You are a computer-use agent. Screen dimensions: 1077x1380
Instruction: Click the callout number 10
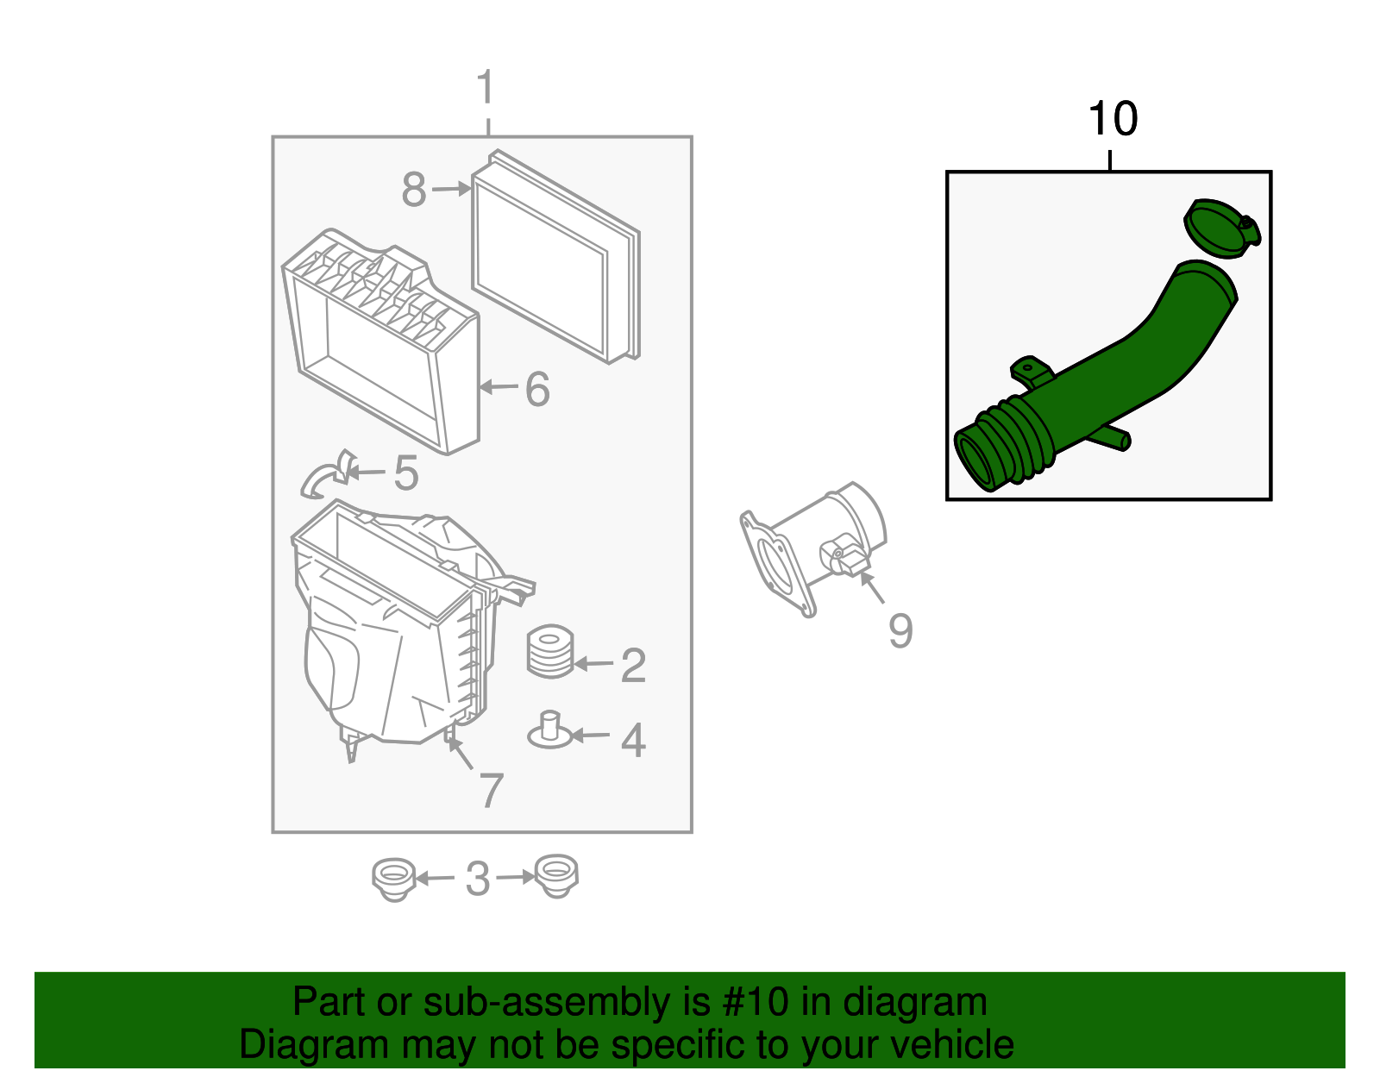click(x=1112, y=119)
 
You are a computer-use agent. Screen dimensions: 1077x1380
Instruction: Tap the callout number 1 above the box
click(x=486, y=89)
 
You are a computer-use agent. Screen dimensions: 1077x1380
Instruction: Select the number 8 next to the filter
click(x=414, y=190)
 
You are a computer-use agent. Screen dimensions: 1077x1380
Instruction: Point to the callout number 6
click(x=537, y=389)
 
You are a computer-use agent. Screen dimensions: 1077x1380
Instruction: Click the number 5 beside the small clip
click(x=405, y=473)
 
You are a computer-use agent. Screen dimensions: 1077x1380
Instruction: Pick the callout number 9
click(x=900, y=631)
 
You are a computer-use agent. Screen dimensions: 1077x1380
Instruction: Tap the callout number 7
click(x=491, y=790)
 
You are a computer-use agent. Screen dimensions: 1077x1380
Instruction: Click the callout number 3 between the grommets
click(x=477, y=879)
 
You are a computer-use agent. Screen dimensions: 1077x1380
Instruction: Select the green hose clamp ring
click(x=1221, y=229)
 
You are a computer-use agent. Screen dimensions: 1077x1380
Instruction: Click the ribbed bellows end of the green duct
click(x=1000, y=444)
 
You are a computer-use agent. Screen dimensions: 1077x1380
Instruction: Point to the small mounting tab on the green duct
click(x=1030, y=373)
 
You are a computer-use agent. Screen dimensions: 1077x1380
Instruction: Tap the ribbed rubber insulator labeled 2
click(x=550, y=652)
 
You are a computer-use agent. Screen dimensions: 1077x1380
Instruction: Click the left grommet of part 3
click(x=393, y=878)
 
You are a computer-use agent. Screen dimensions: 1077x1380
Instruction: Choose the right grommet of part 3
click(x=555, y=876)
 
